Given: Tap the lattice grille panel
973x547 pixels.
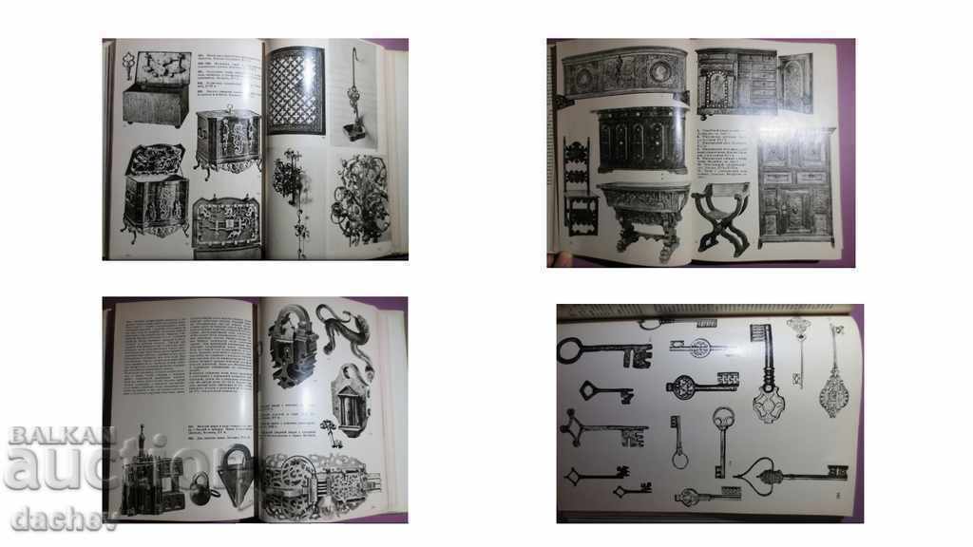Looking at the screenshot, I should coord(296,91).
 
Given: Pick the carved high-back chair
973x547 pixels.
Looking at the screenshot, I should coord(578,186).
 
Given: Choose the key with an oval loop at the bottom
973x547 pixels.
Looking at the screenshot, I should coord(677,446).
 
